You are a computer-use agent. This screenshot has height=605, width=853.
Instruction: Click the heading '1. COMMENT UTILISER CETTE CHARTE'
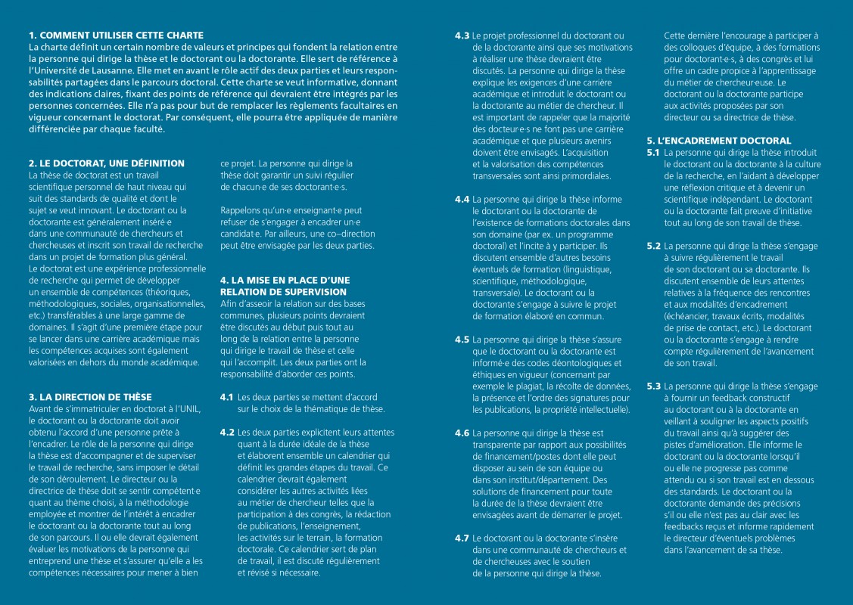point(116,35)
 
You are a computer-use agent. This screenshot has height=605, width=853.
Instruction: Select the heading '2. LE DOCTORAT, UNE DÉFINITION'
point(106,163)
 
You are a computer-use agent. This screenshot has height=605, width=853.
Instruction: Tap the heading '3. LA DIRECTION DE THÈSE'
point(90,396)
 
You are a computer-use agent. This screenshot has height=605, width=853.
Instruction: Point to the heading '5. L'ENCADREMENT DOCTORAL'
point(718,141)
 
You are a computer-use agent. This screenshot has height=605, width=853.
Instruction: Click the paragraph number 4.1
point(226,397)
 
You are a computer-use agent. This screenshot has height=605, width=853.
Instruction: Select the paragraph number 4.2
point(226,432)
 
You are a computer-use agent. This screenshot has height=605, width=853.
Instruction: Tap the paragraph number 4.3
point(462,36)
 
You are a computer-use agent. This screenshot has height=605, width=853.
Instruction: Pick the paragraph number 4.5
point(462,340)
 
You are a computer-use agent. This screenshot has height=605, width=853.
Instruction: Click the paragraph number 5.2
point(653,246)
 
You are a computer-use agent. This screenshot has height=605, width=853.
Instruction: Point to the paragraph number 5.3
point(653,386)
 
